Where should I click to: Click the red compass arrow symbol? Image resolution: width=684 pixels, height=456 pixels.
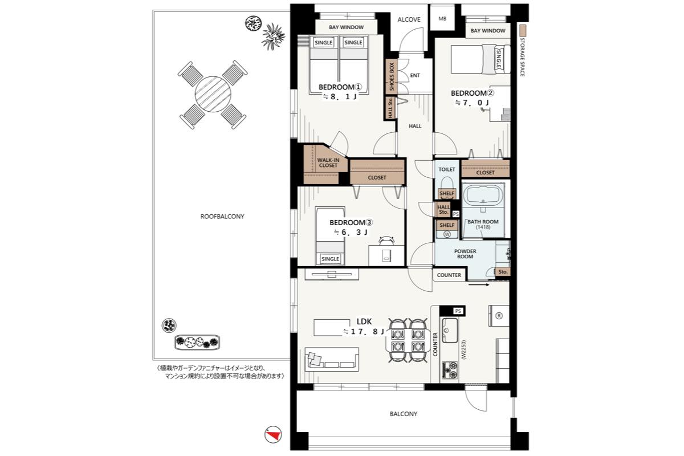[x=273, y=434]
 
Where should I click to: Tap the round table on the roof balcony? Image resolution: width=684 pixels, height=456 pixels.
[x=213, y=94]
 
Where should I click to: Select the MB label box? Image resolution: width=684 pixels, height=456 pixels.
[x=442, y=19]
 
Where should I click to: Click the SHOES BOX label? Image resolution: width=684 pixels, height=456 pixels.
[x=392, y=76]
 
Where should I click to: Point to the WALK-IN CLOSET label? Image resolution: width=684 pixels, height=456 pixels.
[x=328, y=162]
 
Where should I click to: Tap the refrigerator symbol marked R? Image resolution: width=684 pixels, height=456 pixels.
[x=499, y=316]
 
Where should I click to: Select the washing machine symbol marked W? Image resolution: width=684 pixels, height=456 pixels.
[x=447, y=234]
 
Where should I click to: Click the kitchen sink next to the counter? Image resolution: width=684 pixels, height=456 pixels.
[x=450, y=330]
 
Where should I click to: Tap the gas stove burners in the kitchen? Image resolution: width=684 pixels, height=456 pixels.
[x=450, y=370]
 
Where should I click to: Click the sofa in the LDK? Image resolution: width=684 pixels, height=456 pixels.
[x=332, y=359]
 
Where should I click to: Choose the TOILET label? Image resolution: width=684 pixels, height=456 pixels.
[x=447, y=169]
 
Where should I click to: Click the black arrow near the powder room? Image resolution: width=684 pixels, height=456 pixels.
[x=479, y=285]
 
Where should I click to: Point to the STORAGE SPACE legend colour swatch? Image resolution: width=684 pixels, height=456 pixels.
[x=523, y=30]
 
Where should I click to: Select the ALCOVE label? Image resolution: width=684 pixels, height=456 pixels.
[x=409, y=19]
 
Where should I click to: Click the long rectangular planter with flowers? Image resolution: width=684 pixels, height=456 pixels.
[x=197, y=342]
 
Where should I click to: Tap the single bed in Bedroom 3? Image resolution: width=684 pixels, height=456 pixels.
[x=330, y=236]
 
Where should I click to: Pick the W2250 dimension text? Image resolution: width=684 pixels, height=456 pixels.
[x=464, y=350]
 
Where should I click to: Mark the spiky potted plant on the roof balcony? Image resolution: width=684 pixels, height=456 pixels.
[x=273, y=36]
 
